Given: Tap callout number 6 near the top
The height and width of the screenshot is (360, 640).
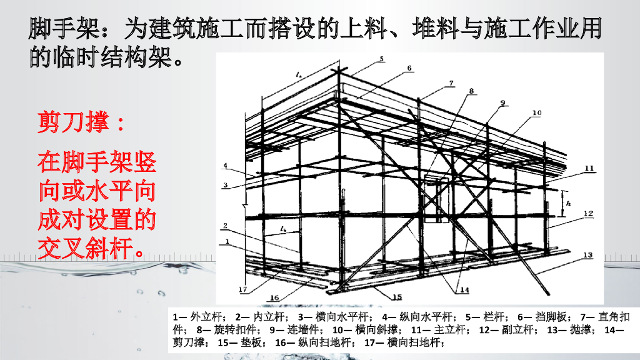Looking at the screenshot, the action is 409,68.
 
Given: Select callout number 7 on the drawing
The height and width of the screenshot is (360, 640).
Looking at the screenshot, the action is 451,82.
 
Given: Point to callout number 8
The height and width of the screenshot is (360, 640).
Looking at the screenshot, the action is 471,91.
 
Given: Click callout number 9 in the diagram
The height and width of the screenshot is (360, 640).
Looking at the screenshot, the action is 501,103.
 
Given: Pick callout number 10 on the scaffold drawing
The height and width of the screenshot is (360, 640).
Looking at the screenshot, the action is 536,114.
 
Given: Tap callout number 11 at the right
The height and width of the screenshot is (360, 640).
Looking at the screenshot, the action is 589,168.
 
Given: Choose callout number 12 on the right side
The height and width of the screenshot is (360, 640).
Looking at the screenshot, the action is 587,214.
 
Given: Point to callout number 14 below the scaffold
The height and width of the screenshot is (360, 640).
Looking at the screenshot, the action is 463,289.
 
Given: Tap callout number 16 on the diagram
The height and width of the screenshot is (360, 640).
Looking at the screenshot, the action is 273,297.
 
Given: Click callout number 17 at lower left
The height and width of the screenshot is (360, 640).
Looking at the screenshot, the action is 242,289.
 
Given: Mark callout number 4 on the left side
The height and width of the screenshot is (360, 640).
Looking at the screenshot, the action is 226,166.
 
